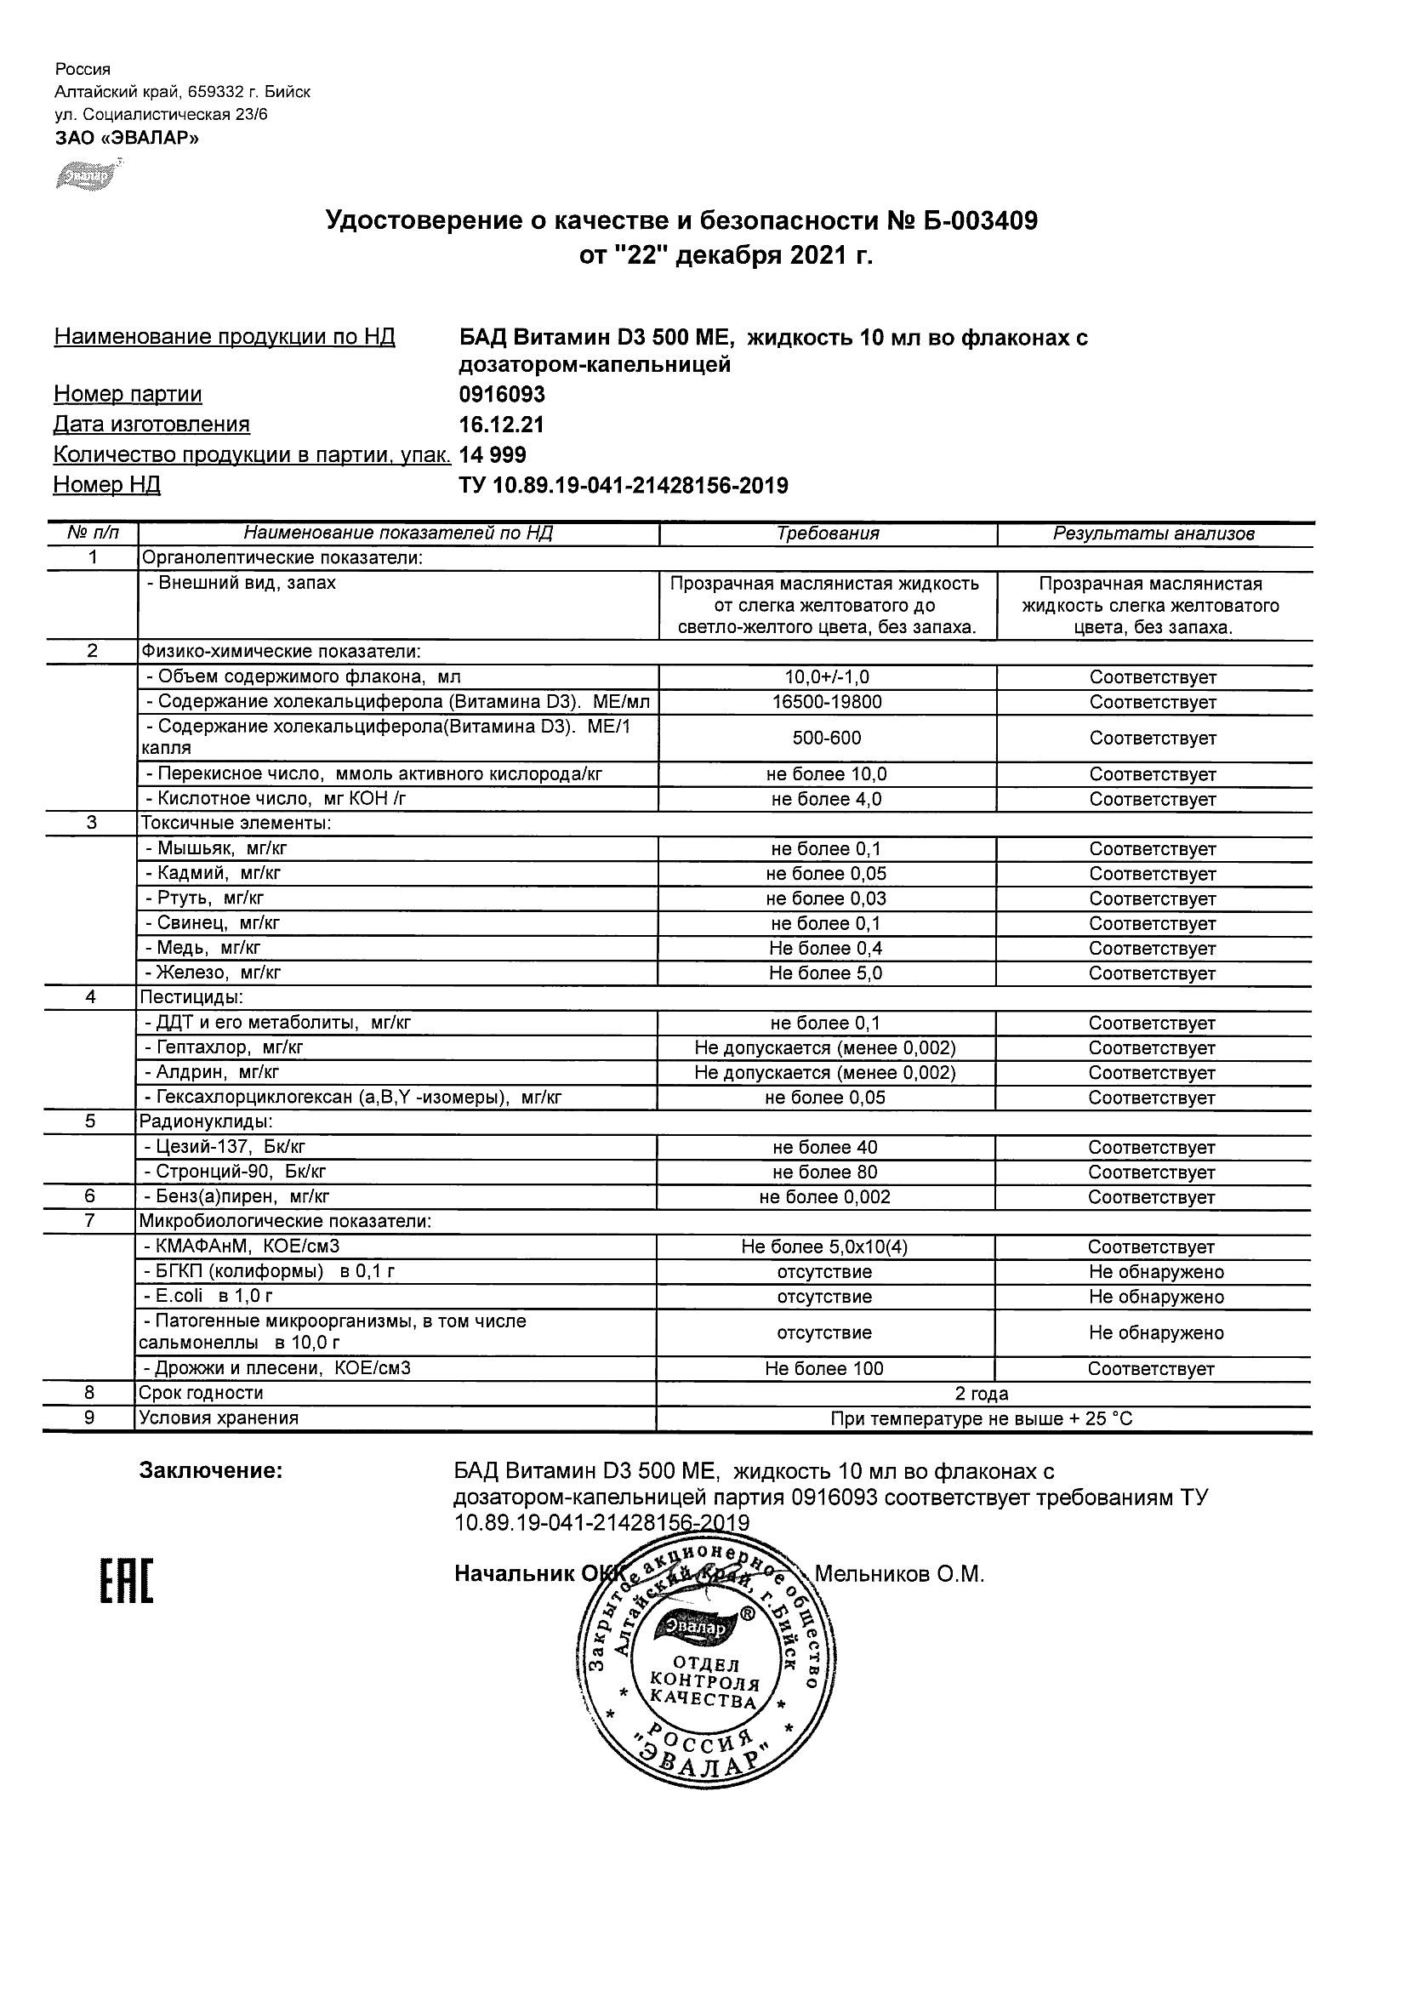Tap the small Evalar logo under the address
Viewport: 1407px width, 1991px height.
click(87, 174)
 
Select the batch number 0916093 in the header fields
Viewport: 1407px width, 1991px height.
click(502, 395)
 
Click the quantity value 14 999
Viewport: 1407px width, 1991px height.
click(493, 455)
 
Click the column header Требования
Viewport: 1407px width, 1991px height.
click(828, 534)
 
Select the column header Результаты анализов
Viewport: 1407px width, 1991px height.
click(1153, 534)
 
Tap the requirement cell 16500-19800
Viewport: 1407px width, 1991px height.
click(827, 702)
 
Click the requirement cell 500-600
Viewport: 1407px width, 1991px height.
click(827, 738)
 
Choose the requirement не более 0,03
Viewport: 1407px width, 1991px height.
click(826, 899)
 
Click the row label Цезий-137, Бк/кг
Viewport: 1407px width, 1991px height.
click(225, 1147)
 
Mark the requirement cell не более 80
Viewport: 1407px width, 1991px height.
click(825, 1172)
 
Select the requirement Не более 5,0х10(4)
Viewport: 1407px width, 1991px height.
click(824, 1247)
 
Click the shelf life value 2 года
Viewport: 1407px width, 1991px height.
click(982, 1394)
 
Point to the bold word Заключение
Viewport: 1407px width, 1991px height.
click(211, 1471)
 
